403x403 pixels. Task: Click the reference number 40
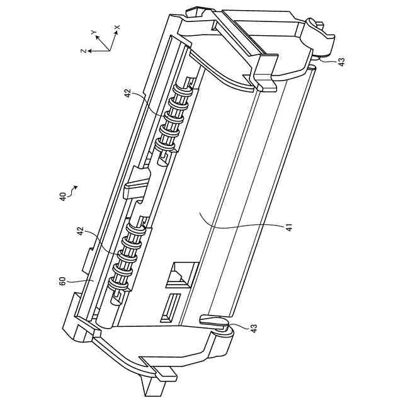point(62,197)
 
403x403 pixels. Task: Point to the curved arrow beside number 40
point(72,190)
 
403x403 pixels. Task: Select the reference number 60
point(62,281)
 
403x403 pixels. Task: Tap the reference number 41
point(289,227)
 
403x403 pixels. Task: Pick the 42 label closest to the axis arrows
point(128,93)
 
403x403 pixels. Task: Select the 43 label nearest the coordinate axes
point(341,62)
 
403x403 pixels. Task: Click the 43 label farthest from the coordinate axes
point(253,328)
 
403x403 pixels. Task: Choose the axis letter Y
point(94,32)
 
